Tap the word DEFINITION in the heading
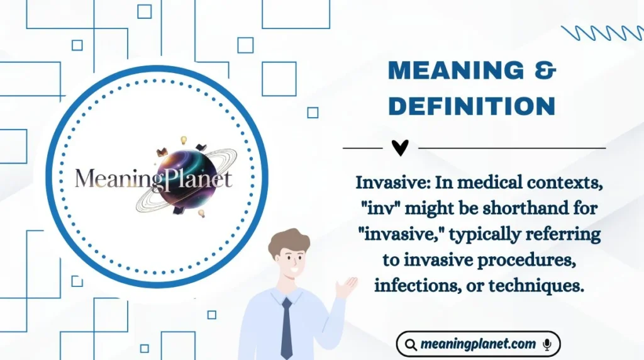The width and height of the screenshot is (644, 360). tap(472, 106)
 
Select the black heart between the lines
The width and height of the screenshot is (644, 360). tap(400, 148)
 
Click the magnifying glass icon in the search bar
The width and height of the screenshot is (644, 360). tap(411, 344)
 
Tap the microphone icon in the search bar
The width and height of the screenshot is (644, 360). tap(547, 344)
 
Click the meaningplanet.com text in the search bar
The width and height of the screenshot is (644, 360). tap(478, 344)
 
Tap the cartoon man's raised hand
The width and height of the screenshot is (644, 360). tap(345, 286)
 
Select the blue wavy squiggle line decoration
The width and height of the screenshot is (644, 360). tap(601, 33)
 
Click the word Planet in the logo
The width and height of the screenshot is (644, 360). tap(198, 179)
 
